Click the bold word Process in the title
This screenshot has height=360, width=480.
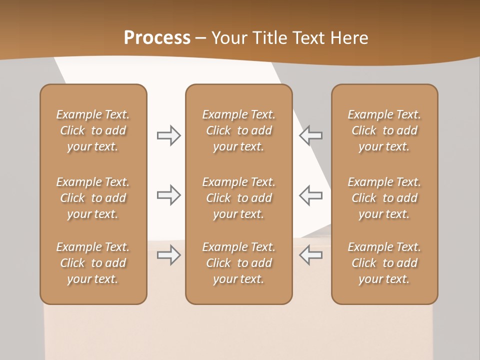tap(157, 38)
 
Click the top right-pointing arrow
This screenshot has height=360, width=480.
tap(168, 135)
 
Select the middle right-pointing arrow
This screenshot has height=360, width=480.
tap(168, 195)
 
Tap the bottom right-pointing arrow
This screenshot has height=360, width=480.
tap(168, 255)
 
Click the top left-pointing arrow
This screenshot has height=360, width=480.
tap(311, 135)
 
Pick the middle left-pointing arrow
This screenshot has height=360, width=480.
tap(311, 195)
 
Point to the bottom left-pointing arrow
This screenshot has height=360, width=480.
tap(311, 255)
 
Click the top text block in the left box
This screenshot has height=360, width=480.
tap(93, 130)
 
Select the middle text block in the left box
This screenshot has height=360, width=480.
tap(93, 198)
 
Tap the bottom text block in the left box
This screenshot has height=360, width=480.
tap(93, 263)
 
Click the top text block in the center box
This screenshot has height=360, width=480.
tap(238, 130)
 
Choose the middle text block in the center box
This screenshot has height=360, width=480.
tap(238, 198)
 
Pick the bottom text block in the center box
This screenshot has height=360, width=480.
tap(238, 263)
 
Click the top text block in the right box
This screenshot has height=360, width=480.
tap(384, 130)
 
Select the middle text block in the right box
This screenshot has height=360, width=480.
tap(384, 198)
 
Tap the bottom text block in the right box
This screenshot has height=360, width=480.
tap(384, 263)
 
